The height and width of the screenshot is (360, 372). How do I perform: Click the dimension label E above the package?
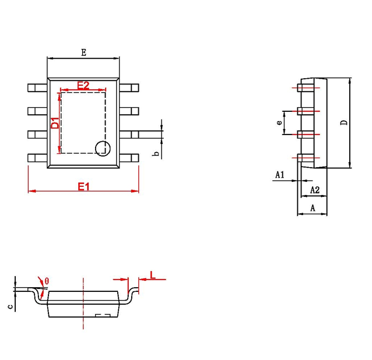click(x=83, y=52)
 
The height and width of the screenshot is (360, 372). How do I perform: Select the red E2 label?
click(x=83, y=85)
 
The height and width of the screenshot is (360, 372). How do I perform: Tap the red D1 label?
click(x=54, y=123)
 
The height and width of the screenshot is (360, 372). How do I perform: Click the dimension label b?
click(x=155, y=154)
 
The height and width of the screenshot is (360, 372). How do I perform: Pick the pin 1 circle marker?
click(x=102, y=147)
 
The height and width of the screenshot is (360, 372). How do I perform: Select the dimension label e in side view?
click(x=279, y=122)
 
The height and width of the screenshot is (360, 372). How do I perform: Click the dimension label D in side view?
click(x=343, y=123)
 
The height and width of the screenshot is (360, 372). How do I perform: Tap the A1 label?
click(x=279, y=174)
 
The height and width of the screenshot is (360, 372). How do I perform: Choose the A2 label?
click(x=314, y=190)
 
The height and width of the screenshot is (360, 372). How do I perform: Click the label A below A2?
click(x=312, y=207)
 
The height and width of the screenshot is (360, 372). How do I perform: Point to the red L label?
click(x=152, y=274)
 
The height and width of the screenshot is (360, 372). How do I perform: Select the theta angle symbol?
click(x=47, y=281)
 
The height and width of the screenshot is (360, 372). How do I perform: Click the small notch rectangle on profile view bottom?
click(x=103, y=316)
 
